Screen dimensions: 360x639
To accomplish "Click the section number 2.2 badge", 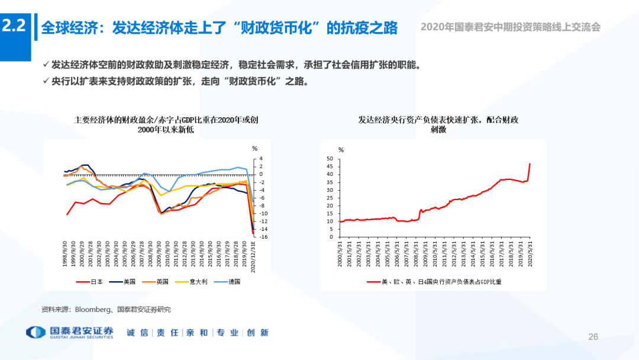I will tap(14, 26).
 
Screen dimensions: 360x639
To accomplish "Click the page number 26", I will tap(593, 337).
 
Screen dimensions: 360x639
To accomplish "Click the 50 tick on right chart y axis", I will tap(330, 159).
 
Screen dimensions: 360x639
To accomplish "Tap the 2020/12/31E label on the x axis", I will tap(253, 254).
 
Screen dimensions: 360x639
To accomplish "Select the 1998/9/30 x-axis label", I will tap(64, 254).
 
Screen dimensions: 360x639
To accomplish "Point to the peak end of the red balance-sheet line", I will tap(530, 163).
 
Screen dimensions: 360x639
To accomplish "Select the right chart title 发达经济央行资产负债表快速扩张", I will tap(438, 124).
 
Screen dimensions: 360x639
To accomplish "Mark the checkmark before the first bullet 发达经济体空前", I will tap(47, 65).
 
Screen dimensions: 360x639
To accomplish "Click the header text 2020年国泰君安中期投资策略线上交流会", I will tap(510, 27).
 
